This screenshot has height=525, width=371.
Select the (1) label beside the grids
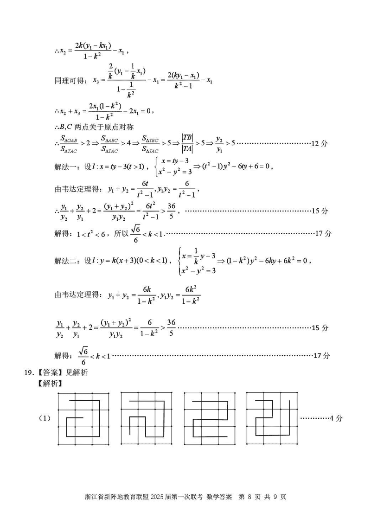[44, 418]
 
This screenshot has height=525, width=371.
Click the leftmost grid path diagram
[83, 418]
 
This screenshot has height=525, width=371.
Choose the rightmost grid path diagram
[271, 418]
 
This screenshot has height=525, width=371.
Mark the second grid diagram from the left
[147, 418]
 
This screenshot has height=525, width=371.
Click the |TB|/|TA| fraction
[187, 143]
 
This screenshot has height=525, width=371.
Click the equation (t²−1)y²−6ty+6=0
[234, 166]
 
